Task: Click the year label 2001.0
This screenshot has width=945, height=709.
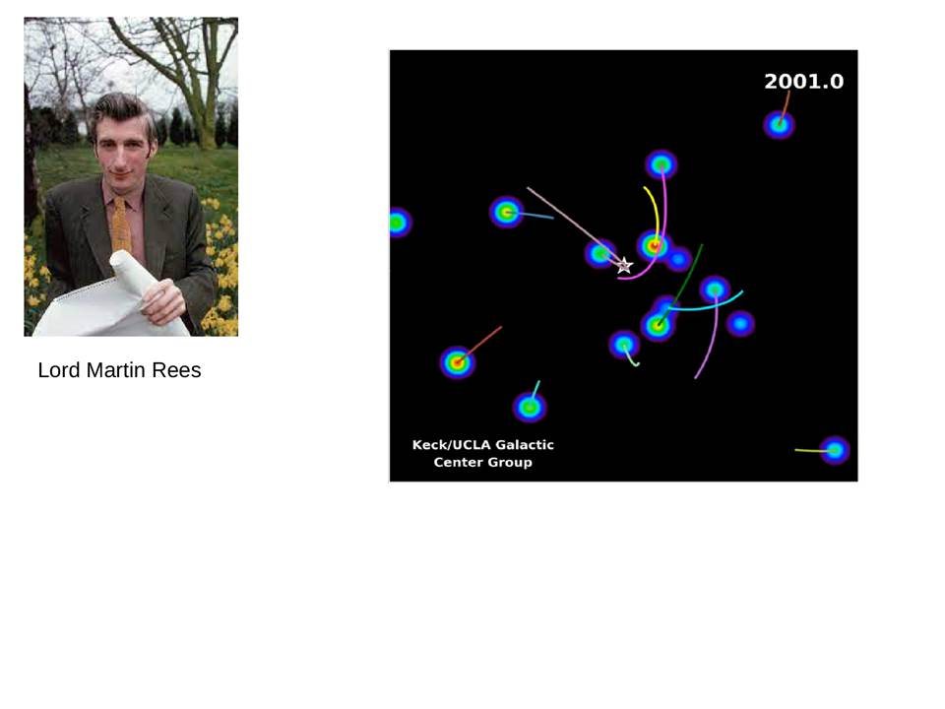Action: click(804, 82)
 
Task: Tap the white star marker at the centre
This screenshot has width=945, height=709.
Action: click(624, 265)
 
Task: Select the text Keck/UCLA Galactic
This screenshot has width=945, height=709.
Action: click(483, 445)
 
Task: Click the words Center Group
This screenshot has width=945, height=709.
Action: click(483, 463)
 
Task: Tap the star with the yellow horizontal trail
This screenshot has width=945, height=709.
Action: click(835, 450)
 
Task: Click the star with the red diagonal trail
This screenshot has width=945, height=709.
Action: click(458, 362)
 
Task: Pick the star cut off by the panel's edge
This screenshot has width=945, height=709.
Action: click(399, 223)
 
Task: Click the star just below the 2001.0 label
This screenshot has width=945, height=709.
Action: click(780, 125)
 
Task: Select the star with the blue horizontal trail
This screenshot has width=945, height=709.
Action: click(506, 213)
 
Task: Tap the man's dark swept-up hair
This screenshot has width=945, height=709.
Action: click(124, 109)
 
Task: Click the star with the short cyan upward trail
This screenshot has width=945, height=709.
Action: click(530, 408)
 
